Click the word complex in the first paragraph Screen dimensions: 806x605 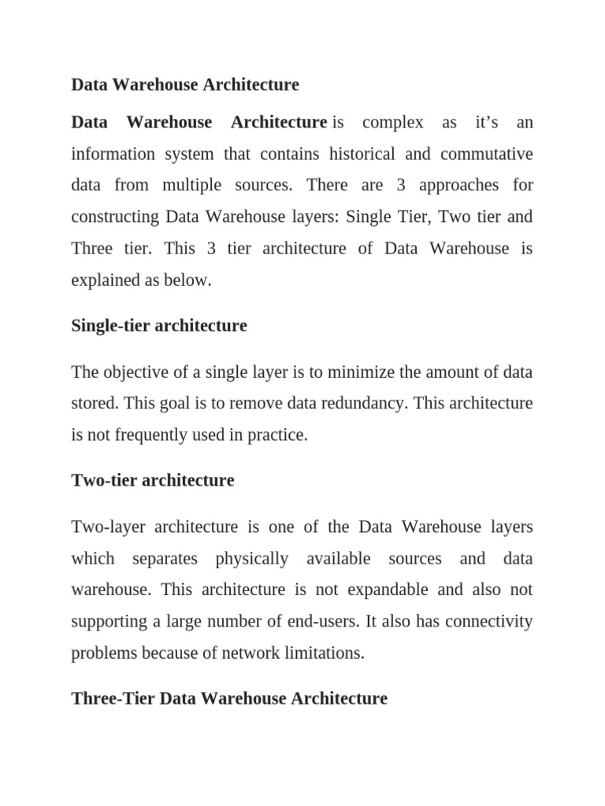point(393,123)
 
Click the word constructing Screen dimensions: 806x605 point(114,217)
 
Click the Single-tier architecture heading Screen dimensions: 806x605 point(159,326)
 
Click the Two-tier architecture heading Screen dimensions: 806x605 point(153,480)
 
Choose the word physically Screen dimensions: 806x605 point(252,559)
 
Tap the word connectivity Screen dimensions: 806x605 point(488,622)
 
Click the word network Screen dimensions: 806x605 point(249,653)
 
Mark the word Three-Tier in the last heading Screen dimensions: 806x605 point(113,699)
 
